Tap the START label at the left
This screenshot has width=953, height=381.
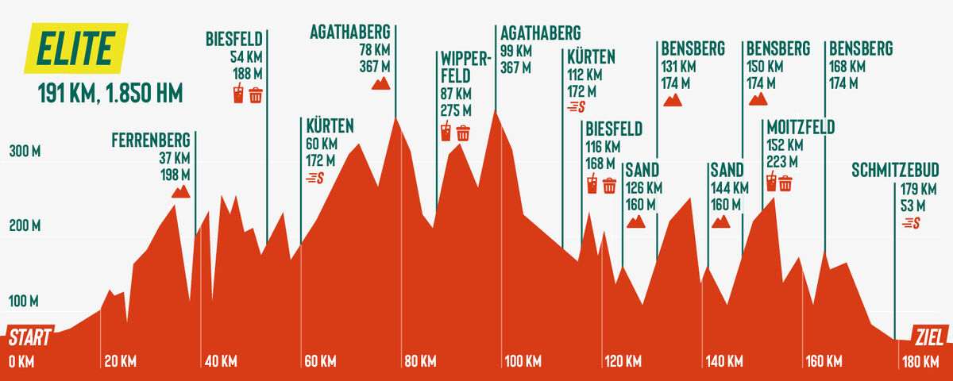coord(30,338)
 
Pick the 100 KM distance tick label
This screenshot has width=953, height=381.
coord(523,362)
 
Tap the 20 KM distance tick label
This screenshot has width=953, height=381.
coord(121,362)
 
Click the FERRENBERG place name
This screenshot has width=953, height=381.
coord(151,141)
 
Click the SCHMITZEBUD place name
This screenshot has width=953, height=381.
coord(895,171)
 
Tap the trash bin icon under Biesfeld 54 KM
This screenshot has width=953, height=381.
coord(256,95)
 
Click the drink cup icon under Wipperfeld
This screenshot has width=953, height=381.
coord(446,132)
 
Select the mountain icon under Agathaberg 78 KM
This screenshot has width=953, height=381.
coord(381,83)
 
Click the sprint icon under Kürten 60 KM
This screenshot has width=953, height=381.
coord(316,179)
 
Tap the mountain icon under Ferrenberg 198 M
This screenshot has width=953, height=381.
coord(181,191)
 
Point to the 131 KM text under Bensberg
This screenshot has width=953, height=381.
coord(678,66)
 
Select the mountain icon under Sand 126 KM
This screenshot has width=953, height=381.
coord(635,221)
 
